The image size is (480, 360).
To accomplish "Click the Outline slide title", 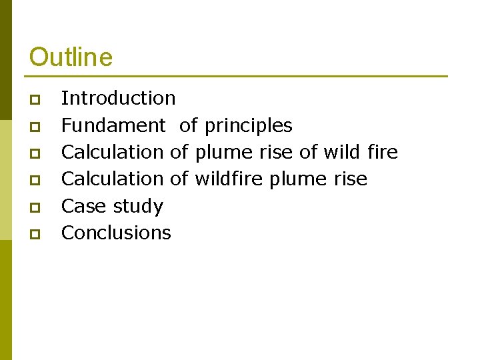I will click(x=71, y=57).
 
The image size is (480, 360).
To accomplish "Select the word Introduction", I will click(x=118, y=98).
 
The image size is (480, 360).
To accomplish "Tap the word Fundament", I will click(x=113, y=125).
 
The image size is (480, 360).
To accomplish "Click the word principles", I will click(x=248, y=126).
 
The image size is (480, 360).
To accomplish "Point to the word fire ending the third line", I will click(x=382, y=152).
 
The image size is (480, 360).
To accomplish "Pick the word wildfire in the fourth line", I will click(x=229, y=179).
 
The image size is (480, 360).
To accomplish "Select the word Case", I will click(x=84, y=206).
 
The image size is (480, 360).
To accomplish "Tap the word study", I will click(x=137, y=207).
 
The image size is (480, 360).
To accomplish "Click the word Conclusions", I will click(x=116, y=233).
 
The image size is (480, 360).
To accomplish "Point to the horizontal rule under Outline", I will click(x=238, y=76).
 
